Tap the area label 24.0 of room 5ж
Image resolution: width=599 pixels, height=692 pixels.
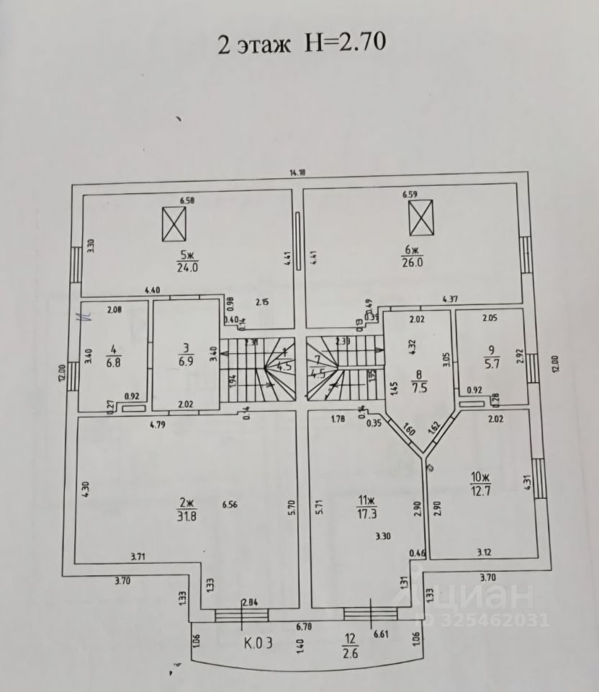click(188, 266)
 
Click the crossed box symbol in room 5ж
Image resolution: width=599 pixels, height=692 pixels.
click(174, 223)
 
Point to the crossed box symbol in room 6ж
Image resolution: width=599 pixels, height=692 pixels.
click(422, 218)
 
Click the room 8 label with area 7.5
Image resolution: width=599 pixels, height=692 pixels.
click(418, 381)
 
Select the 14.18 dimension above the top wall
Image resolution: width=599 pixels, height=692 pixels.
click(298, 172)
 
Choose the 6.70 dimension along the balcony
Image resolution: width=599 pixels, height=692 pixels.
click(302, 627)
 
